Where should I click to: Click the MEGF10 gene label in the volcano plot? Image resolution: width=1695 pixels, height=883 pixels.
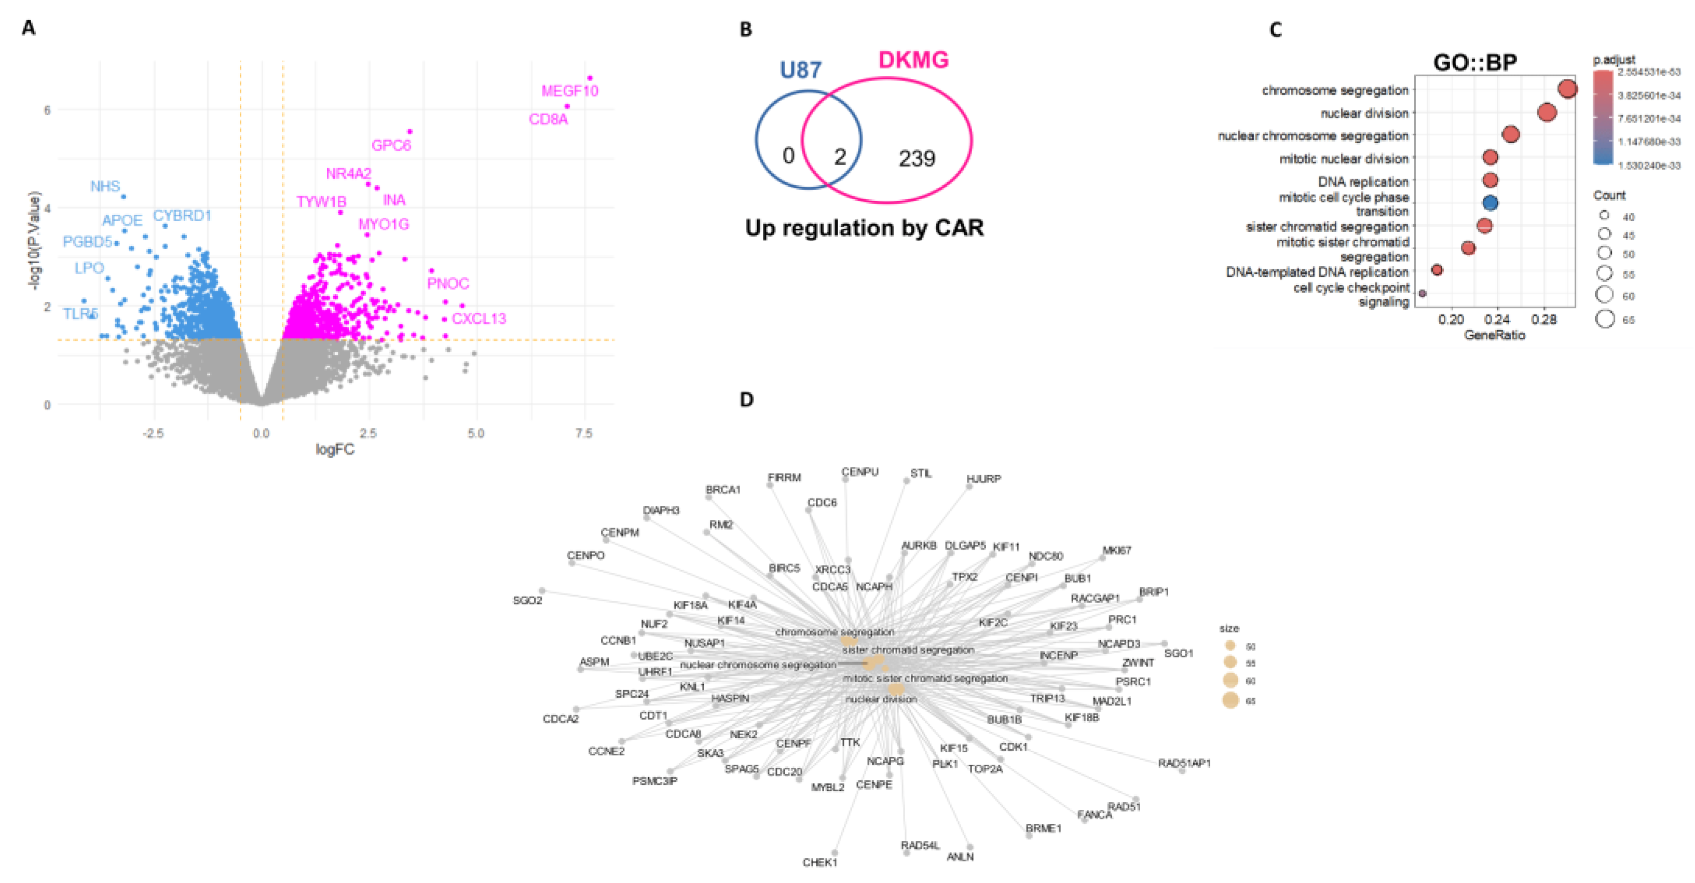coord(569,91)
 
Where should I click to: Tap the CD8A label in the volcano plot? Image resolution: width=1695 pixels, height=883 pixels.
coord(548,119)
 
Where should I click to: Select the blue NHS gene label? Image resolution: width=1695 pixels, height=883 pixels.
coord(105,186)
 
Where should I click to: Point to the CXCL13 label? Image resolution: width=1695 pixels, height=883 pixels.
coord(479,319)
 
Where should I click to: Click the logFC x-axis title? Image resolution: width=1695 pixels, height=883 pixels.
coord(334,449)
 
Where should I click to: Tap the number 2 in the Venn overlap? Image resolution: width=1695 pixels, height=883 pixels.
coord(840,157)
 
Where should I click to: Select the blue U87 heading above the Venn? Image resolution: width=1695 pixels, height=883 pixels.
coord(800,70)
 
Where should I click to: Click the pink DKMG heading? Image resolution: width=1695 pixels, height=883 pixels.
coord(913,60)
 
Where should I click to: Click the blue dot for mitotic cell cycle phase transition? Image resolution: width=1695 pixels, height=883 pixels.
coord(1491,203)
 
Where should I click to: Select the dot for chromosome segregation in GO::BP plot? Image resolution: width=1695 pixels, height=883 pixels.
coord(1567,89)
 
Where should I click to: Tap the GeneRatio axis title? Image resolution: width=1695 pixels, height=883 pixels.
coord(1494,335)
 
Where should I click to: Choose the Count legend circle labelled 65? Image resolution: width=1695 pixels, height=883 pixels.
coord(1605,319)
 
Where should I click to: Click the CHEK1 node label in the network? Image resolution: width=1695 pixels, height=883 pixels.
coord(819,862)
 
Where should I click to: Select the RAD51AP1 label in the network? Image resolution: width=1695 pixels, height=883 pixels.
coord(1184,763)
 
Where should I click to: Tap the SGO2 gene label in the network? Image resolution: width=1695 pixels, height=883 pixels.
coord(527,600)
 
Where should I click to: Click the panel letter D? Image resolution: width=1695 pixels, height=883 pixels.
coord(746,399)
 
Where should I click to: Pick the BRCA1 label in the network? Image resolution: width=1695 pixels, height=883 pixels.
coord(722,490)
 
